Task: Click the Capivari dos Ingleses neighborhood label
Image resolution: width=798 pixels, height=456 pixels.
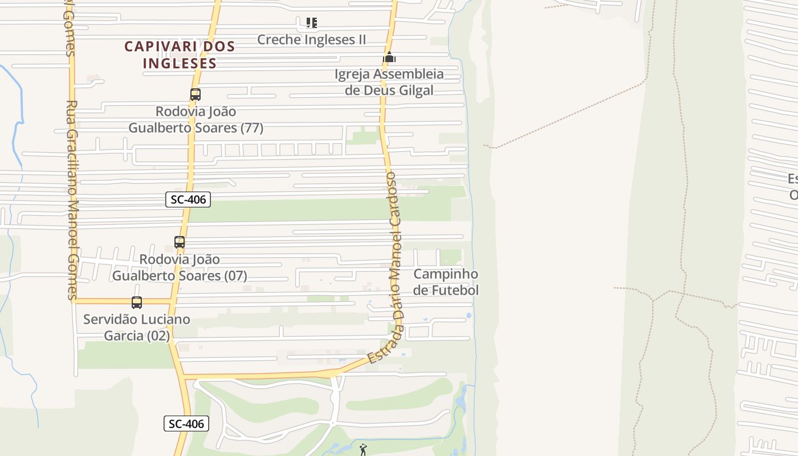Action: point(180,55)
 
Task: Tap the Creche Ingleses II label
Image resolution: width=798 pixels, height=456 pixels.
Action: point(311,40)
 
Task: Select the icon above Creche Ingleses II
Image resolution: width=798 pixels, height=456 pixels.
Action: point(311,23)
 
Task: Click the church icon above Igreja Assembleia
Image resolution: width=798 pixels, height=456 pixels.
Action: point(389,57)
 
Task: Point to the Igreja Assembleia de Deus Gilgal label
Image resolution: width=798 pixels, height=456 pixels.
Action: point(389,82)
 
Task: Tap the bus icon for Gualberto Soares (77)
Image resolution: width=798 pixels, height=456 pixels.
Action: point(196,95)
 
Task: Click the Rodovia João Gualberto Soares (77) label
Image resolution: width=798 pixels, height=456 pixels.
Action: point(196,120)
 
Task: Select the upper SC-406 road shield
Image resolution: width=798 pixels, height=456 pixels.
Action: point(188,199)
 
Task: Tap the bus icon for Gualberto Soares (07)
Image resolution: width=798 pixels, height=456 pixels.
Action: point(180,242)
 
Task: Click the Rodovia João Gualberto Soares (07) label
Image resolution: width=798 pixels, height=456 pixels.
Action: point(180,267)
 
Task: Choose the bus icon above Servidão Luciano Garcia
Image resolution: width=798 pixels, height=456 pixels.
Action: point(137,303)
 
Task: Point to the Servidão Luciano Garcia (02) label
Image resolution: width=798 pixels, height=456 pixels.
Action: point(137,327)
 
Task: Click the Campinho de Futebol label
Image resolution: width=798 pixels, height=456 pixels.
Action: point(446,282)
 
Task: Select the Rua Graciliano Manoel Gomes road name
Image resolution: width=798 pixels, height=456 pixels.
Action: point(71,199)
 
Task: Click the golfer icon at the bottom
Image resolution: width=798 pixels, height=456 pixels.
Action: point(363,449)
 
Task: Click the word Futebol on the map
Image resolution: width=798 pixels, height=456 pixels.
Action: point(455,290)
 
